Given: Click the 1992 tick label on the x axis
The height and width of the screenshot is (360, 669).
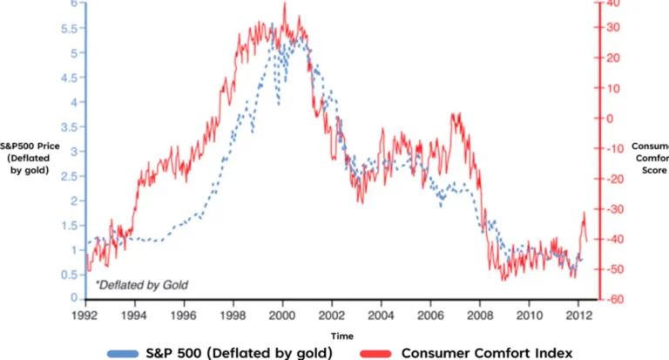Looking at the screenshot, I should (84, 315).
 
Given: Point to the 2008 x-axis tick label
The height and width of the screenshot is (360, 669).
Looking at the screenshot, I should (479, 315).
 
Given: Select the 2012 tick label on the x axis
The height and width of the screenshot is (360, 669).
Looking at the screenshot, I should (578, 315).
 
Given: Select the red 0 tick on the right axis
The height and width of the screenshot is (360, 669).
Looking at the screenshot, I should (610, 118).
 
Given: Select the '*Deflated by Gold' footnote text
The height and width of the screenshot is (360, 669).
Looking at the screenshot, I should (141, 285).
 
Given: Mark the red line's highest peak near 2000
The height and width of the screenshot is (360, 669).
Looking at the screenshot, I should (285, 3).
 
